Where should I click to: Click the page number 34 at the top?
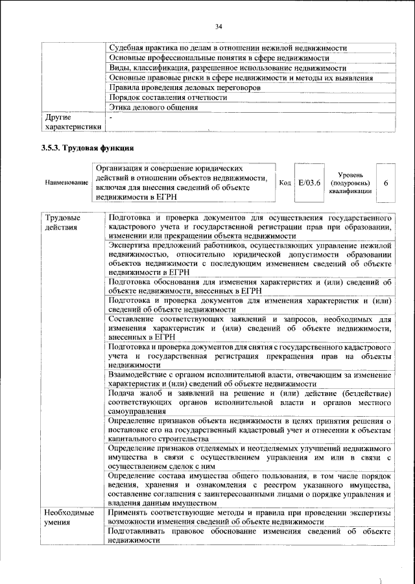pyautogui.click(x=219, y=27)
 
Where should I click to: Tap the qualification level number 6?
pyautogui.click(x=386, y=183)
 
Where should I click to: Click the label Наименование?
pyautogui.click(x=67, y=183)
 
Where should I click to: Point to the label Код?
pyautogui.click(x=284, y=183)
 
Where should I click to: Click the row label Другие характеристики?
pyautogui.click(x=72, y=123)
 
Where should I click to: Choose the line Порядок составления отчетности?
pyautogui.click(x=168, y=97)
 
